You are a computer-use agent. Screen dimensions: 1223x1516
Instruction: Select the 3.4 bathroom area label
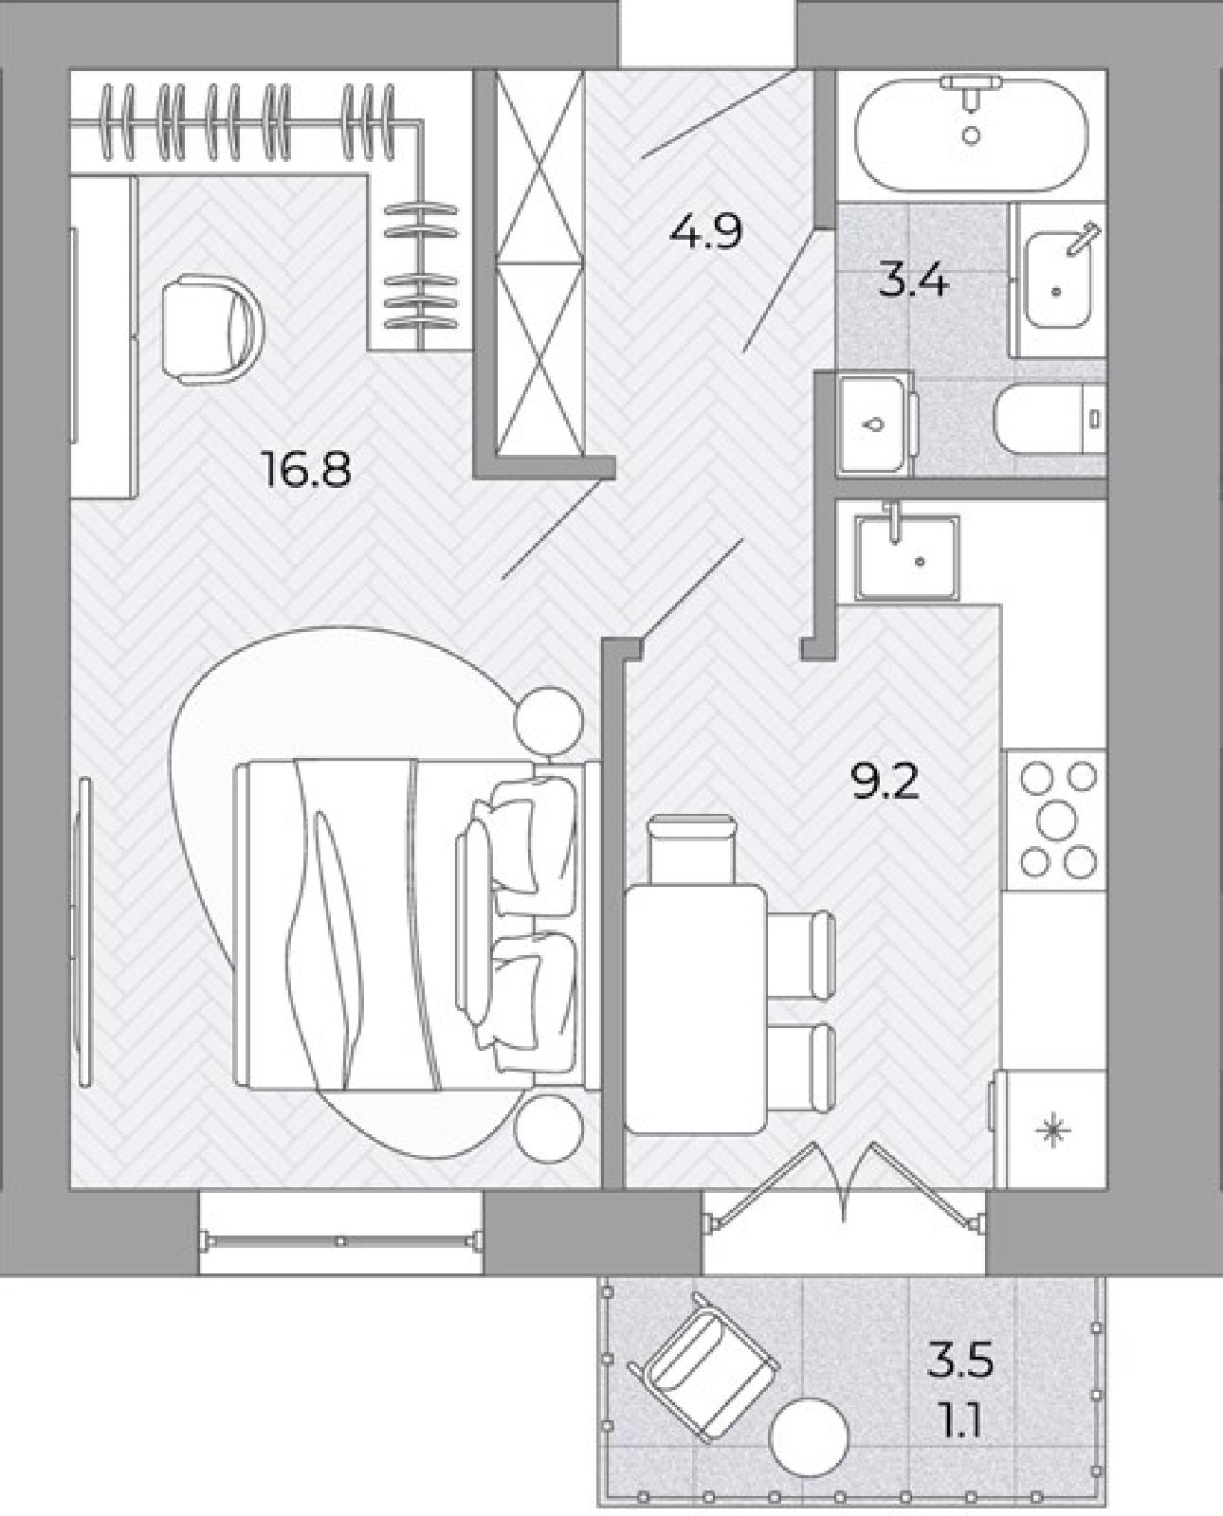coord(914,281)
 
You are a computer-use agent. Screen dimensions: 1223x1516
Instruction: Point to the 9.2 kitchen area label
coord(885,782)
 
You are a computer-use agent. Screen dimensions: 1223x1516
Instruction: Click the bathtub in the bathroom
coord(972,133)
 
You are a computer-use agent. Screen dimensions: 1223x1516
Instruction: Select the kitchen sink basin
coord(908,557)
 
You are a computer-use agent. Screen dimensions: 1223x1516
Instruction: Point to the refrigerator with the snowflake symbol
coord(1050,1130)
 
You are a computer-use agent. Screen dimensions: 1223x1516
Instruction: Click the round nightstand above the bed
coord(549,721)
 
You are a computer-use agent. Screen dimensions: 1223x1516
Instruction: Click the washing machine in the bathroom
coord(876,425)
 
